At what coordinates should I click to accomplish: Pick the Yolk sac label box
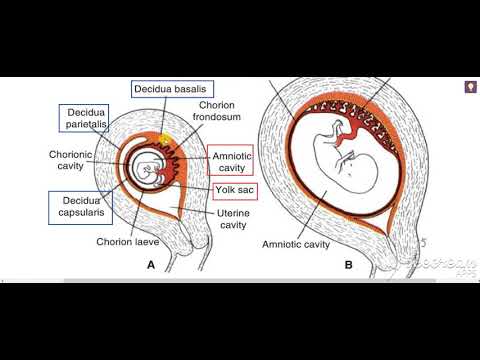coord(236,188)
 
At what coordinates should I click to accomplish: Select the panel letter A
coord(151,265)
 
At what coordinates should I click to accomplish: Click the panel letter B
coord(349,265)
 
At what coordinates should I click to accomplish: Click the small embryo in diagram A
coord(149,172)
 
